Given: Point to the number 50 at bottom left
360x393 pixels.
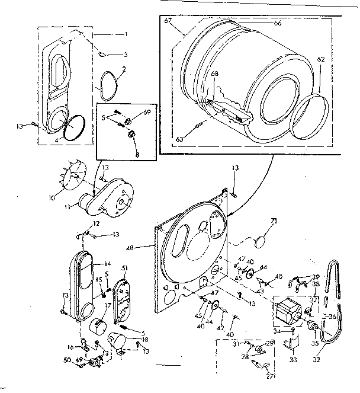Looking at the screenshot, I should [x=67, y=360].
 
